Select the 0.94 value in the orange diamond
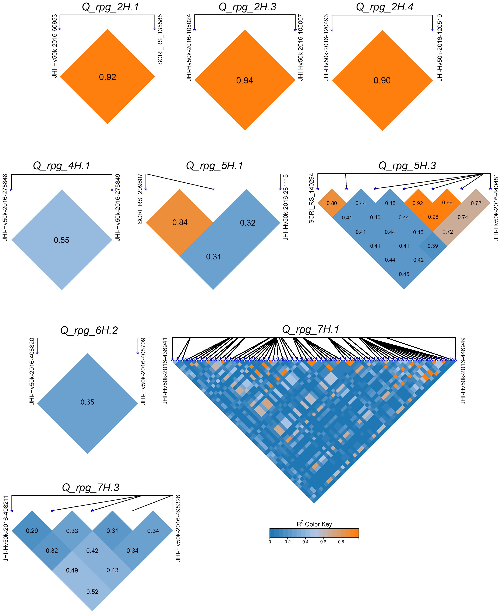245,80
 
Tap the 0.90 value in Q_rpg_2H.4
382,80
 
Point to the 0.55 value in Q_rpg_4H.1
61,240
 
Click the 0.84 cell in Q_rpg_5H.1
180,222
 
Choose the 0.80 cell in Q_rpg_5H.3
332,203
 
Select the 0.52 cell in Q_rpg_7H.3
92,592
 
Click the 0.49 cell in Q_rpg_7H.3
72,570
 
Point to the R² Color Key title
314,524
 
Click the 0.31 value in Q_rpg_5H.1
214,256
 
